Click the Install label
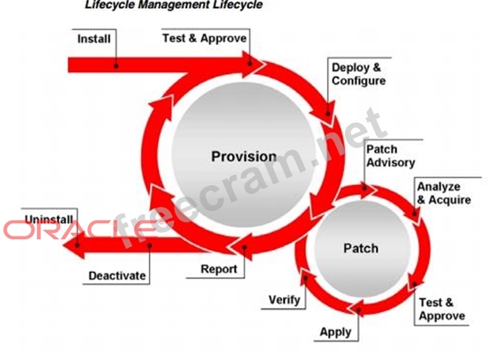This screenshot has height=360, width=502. coord(94,39)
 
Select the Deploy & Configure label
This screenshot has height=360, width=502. coord(358,74)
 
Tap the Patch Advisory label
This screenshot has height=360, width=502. coord(390,156)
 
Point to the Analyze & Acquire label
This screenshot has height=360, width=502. coord(444,193)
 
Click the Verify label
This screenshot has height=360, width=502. coord(284,300)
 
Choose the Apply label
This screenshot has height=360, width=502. coord(335,332)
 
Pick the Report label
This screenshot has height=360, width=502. coord(219,269)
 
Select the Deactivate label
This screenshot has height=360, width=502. coord(116,275)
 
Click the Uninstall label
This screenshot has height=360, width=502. coord(49,220)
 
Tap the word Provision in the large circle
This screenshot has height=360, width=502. coord(244,156)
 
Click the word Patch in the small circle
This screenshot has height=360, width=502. coord(361,248)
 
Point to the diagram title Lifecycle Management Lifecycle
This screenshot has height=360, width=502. coord(174,4)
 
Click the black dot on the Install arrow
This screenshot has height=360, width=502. coord(116,65)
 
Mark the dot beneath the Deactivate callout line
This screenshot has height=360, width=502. coord(149,245)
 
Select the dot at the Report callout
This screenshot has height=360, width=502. coord(244,247)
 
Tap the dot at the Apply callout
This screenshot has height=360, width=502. coord(358,310)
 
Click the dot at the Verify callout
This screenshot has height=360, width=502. coord(305,278)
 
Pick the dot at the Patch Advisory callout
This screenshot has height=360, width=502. coord(364,188)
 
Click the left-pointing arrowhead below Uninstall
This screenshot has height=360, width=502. coord(74,244)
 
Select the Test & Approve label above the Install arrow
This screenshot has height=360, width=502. coord(205,38)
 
